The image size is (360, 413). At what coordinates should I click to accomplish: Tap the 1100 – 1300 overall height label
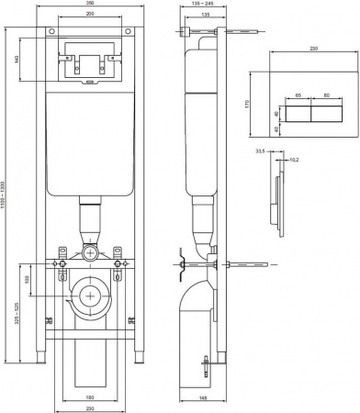coord(7,197)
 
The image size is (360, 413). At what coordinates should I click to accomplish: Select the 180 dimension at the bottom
coord(89,397)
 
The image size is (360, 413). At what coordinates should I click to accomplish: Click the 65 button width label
coord(298,95)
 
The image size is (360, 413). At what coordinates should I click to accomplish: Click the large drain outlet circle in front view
coord(89,295)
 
